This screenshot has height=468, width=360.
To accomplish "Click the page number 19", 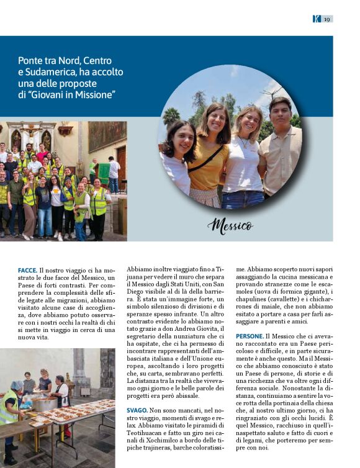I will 326,19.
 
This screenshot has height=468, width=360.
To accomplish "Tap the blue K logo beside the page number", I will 317,19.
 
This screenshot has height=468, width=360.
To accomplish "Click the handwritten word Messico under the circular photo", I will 230,225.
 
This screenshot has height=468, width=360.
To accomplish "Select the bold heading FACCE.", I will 27,271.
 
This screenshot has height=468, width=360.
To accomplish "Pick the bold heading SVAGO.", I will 137,410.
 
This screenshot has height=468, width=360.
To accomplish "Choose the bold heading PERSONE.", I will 250,336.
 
